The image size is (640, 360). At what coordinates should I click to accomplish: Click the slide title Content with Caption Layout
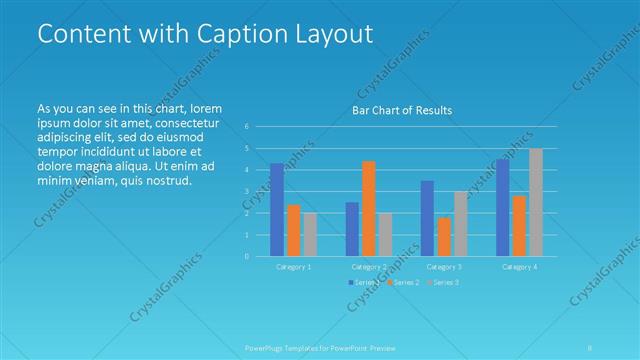pyautogui.click(x=204, y=33)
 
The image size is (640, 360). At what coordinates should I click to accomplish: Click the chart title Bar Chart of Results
pyautogui.click(x=401, y=110)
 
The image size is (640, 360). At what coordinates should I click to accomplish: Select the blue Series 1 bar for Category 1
pyautogui.click(x=277, y=209)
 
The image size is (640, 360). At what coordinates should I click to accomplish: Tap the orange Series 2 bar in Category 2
pyautogui.click(x=368, y=208)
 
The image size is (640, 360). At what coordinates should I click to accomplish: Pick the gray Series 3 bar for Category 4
pyautogui.click(x=536, y=202)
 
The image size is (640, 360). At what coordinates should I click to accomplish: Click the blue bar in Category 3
pyautogui.click(x=427, y=218)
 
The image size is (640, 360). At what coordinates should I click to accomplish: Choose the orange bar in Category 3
pyautogui.click(x=443, y=236)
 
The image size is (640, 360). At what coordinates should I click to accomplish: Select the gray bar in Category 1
pyautogui.click(x=310, y=234)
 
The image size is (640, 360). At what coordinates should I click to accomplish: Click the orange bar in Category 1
pyautogui.click(x=293, y=230)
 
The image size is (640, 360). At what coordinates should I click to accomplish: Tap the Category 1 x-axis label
pyautogui.click(x=294, y=267)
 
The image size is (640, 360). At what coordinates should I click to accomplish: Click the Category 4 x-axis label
pyautogui.click(x=519, y=267)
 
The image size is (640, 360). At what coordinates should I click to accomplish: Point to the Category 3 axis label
pyautogui.click(x=444, y=267)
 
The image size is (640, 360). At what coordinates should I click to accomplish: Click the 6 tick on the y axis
pyautogui.click(x=247, y=126)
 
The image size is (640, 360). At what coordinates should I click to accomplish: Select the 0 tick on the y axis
pyautogui.click(x=247, y=256)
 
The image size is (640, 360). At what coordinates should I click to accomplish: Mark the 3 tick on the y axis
pyautogui.click(x=247, y=191)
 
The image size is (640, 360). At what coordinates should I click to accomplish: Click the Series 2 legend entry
pyautogui.click(x=404, y=283)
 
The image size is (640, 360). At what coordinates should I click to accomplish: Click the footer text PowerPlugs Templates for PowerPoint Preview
pyautogui.click(x=319, y=348)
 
